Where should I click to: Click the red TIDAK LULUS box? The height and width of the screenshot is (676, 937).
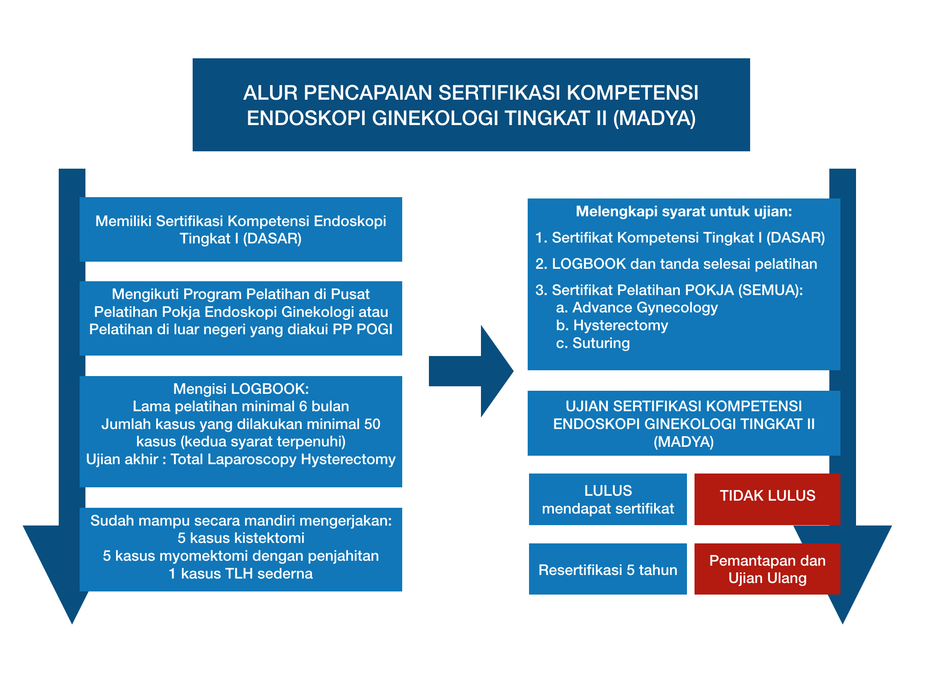[x=767, y=499]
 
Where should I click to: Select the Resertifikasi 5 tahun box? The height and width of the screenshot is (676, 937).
[x=608, y=569]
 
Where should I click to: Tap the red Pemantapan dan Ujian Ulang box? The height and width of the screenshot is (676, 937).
[x=767, y=569]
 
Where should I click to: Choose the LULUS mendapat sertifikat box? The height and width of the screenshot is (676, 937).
[x=608, y=499]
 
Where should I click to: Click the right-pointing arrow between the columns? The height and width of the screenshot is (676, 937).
[x=471, y=371]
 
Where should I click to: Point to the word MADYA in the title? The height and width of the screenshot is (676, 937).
[x=654, y=118]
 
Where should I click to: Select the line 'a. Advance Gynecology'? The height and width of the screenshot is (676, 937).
[x=637, y=308]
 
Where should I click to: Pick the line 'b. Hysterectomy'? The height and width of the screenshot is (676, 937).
[x=612, y=325]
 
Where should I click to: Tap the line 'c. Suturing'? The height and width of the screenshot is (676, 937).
[x=593, y=343]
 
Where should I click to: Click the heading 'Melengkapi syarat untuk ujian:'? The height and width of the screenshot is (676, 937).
[x=684, y=211]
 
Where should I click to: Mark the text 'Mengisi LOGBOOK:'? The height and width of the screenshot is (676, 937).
[x=241, y=389]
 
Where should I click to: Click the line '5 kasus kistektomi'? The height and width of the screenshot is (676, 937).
[x=241, y=538]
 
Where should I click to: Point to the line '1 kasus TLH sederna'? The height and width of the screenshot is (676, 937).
[x=241, y=574]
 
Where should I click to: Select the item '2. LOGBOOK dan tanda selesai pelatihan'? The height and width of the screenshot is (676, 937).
[x=676, y=264]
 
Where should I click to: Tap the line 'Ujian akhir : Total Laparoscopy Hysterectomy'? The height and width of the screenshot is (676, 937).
[x=241, y=459]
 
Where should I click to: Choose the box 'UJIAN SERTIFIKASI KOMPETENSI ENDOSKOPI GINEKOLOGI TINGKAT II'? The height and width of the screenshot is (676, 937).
[x=684, y=423]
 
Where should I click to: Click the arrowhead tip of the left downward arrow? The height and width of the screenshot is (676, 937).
[x=72, y=623]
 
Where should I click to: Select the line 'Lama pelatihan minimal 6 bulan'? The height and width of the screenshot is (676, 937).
[x=241, y=406]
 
